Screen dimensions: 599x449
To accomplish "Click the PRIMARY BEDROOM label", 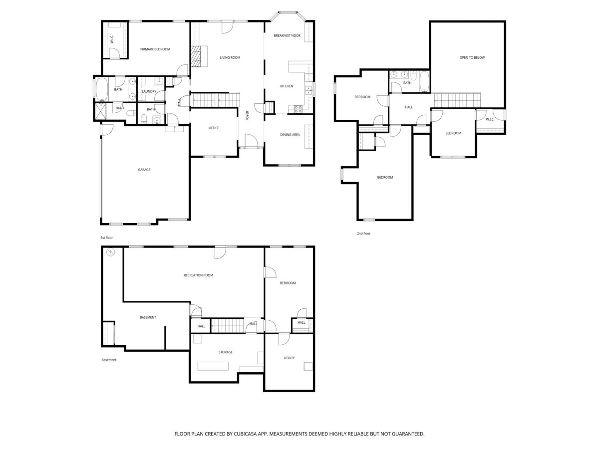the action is coord(155,49).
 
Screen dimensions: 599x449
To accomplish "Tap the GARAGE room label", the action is coord(144,170).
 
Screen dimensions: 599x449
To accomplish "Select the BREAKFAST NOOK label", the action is coord(287,36).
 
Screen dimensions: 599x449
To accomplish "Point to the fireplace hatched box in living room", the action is coord(196,56).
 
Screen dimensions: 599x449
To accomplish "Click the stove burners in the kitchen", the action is coord(298,109).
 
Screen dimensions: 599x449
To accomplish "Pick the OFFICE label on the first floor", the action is coord(214,128).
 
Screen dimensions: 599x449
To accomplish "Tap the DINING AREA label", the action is coord(290,135).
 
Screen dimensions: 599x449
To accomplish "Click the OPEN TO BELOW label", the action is coord(472,57).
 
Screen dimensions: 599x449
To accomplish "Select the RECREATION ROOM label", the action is coord(198,275).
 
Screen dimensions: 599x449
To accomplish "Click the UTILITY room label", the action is coord(289,358).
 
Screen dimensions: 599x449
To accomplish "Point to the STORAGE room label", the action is coord(226,352).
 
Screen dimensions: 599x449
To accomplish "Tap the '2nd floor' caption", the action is coord(364,233).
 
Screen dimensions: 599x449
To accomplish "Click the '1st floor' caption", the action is coord(107,238).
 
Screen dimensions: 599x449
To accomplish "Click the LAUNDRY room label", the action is coord(149,91).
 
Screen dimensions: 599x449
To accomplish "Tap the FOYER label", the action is coord(247,116).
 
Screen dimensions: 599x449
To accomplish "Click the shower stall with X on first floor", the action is coord(100,111).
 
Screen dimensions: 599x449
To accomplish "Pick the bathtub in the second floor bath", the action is coord(424,81).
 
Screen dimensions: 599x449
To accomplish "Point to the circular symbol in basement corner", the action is coord(111,252).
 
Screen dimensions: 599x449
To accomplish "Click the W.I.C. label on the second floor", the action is coord(490,119).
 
